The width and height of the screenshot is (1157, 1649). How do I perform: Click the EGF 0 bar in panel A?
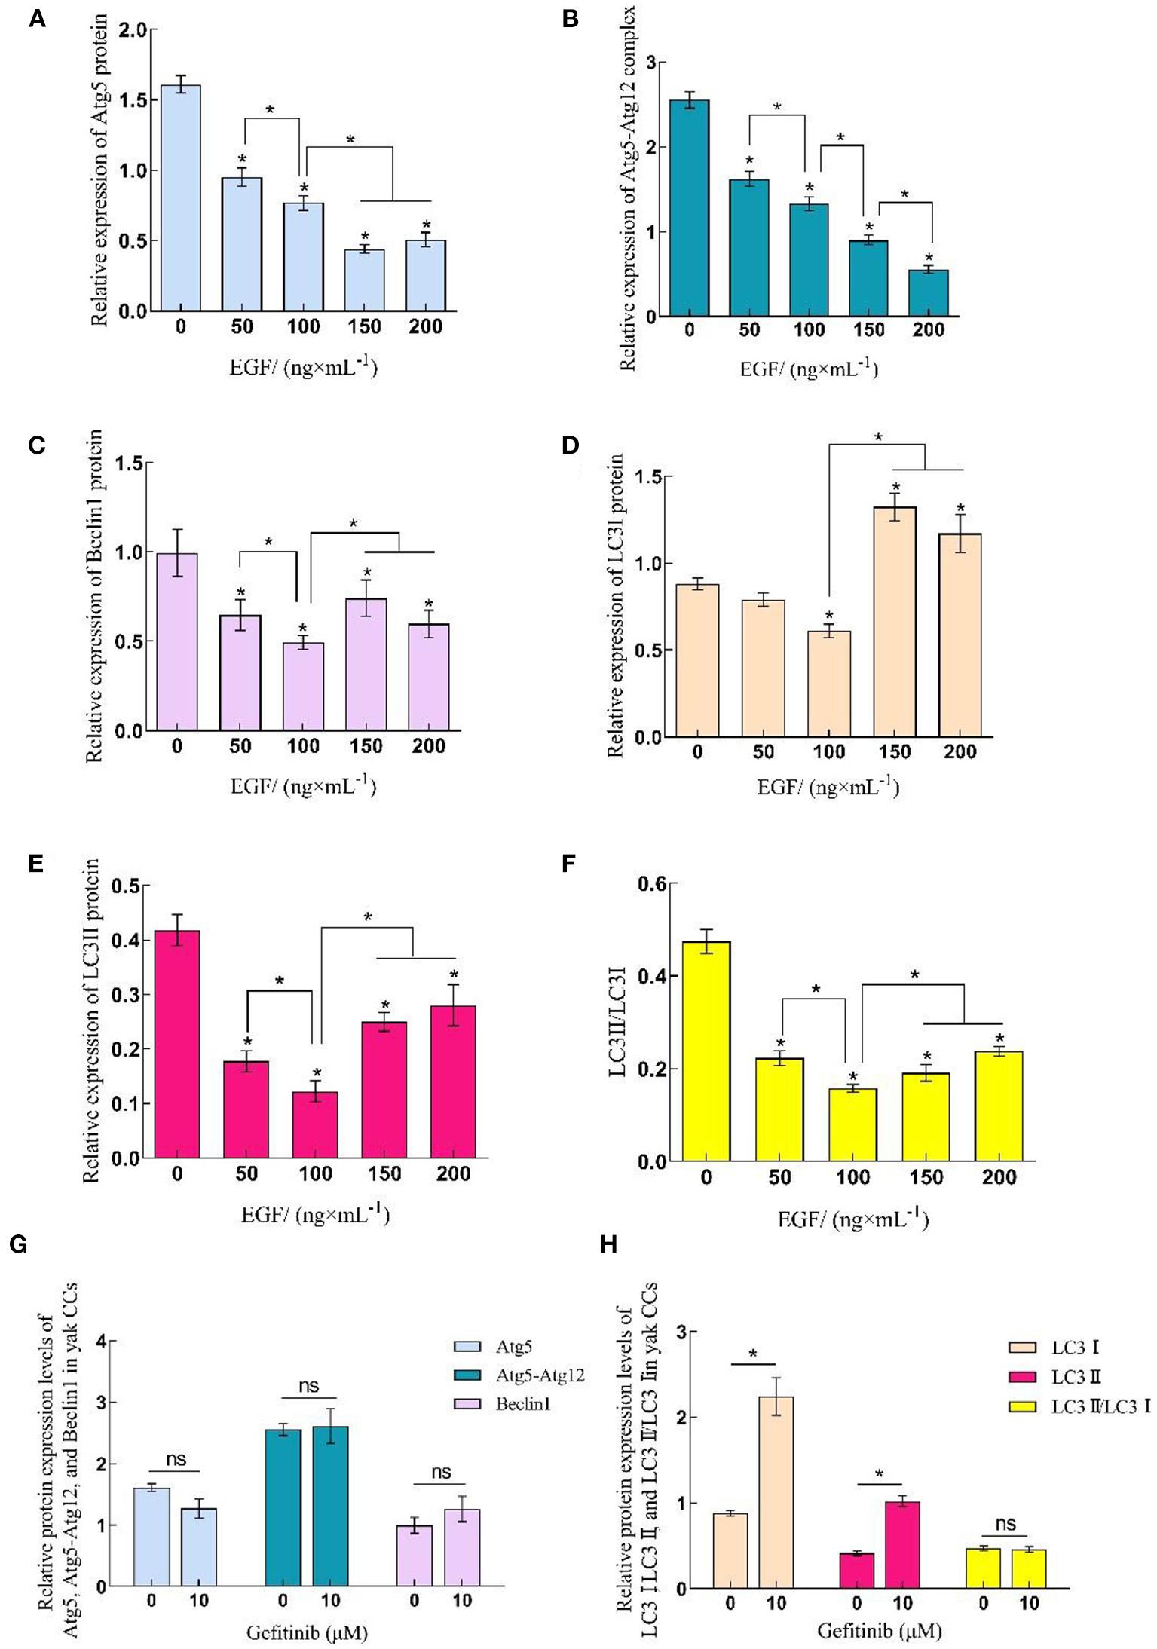[181, 197]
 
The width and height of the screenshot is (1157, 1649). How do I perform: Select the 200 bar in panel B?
[928, 293]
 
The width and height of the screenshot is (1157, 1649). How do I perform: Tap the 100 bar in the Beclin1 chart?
[303, 686]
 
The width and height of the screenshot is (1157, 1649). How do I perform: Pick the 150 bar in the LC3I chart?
[894, 622]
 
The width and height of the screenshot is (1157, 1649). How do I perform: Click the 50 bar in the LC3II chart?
[246, 1109]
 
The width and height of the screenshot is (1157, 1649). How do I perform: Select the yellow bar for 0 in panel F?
[706, 1051]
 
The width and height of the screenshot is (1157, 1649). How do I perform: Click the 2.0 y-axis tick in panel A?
[134, 30]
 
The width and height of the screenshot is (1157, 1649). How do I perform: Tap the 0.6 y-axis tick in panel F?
[653, 883]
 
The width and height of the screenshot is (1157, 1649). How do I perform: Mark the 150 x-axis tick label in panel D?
[894, 751]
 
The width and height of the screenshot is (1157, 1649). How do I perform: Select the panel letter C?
[37, 445]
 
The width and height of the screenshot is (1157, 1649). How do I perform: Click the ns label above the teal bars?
[308, 1386]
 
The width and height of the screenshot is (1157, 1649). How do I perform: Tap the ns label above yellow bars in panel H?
[1005, 1524]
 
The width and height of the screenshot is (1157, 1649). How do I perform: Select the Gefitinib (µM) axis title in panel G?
[307, 1633]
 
